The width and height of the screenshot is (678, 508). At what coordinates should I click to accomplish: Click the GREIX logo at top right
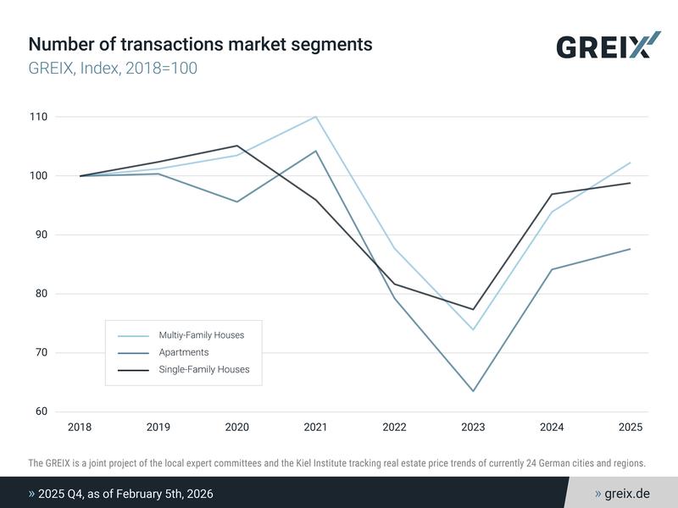(608, 46)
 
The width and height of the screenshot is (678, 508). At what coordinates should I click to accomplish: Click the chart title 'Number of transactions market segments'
(200, 44)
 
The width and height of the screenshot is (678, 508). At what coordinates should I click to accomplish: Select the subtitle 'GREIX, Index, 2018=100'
(113, 68)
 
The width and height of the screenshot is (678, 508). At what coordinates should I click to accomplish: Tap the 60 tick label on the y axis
(41, 412)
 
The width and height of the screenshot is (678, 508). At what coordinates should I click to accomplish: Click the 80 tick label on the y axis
(41, 294)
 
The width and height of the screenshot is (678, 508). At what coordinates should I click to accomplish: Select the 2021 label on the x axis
(315, 428)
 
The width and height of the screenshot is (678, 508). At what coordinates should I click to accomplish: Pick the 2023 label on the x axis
(473, 428)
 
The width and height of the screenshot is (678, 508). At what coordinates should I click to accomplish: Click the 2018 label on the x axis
(80, 428)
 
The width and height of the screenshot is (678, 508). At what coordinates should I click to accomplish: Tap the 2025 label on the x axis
(630, 428)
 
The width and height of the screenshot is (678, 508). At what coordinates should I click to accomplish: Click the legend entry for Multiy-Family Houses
(201, 335)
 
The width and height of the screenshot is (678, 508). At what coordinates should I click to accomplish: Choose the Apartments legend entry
(183, 352)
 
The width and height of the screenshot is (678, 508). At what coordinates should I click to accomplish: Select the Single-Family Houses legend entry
(203, 369)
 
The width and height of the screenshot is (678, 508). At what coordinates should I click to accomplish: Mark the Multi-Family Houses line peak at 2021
(315, 117)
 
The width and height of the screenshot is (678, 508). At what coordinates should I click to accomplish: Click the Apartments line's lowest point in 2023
(473, 391)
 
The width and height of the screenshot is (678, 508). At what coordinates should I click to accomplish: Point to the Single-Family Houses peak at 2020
(236, 146)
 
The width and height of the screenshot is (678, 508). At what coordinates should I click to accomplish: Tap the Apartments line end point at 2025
(630, 249)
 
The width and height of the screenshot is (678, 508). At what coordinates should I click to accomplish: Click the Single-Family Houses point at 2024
(552, 194)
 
